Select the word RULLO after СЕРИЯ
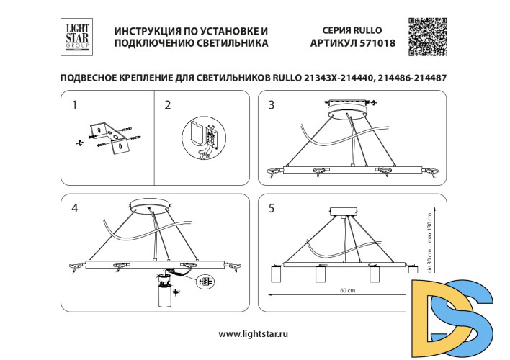point(367,31)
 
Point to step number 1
point(75,106)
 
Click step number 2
point(168,106)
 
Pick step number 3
point(272,106)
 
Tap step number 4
point(75,209)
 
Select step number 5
point(272,209)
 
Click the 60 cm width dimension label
point(347,291)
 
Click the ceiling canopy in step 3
point(348,114)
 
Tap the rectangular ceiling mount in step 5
point(343,212)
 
